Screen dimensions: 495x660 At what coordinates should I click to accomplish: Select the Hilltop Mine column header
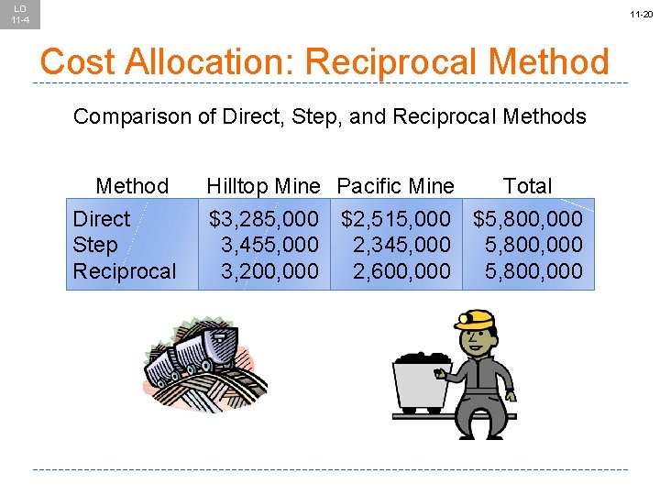263,186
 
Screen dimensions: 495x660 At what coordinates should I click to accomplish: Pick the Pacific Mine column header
395,186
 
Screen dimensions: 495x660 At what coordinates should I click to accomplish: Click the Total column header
528,186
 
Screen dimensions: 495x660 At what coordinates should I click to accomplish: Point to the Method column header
132,186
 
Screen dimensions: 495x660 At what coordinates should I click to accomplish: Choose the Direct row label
102,219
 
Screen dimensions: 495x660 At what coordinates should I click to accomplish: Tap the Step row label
95,245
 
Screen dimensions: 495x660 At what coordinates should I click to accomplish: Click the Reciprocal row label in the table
125,271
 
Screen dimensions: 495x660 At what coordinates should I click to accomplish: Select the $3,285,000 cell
264,219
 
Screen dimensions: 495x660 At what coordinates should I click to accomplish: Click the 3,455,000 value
269,245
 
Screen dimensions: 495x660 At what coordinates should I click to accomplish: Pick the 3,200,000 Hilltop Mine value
269,271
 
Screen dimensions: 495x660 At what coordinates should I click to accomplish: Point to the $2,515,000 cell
396,219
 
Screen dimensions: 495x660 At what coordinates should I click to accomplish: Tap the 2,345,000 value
401,245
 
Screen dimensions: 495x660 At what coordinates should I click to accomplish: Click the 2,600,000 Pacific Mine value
401,271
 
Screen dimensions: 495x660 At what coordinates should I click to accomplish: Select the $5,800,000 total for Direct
528,219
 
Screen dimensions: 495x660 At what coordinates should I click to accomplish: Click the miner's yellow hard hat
476,318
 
